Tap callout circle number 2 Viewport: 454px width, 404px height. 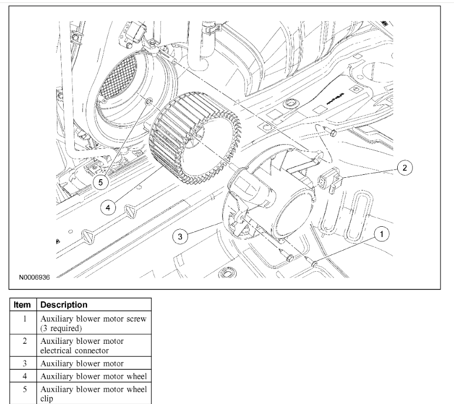pos(404,168)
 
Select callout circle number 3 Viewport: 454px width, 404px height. pos(181,237)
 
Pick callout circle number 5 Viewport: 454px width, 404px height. pos(101,182)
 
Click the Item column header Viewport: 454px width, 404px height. pos(22,304)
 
